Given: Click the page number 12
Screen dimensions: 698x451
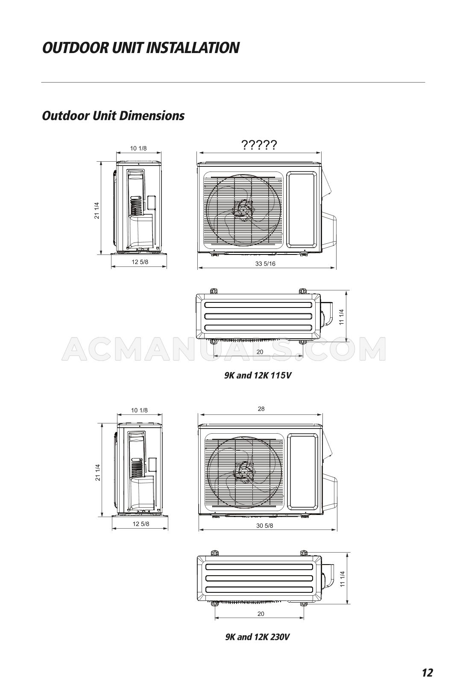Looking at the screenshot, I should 427,672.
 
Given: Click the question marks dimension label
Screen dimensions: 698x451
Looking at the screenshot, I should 259,145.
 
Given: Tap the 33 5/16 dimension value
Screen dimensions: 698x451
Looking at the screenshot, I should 265,263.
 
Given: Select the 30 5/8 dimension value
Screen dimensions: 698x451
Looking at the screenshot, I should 264,525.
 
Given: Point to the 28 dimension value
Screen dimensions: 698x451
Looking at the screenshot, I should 261,408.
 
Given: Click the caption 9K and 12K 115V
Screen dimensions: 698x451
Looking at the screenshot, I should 258,376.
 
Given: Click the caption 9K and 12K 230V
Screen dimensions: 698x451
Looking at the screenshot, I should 258,637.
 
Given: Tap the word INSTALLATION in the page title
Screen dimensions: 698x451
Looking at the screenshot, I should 193,47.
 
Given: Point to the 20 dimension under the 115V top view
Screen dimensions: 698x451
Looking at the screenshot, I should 260,352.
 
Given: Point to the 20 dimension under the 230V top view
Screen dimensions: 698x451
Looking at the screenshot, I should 261,613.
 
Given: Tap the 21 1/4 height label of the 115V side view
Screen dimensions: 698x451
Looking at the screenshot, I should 97,210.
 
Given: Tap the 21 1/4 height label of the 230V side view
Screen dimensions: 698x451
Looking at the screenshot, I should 98,472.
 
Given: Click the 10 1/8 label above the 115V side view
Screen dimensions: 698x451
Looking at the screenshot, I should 138,148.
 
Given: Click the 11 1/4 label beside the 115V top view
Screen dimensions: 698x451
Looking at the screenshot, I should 341,317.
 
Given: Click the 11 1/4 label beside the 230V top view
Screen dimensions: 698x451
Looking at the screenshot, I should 342,579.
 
